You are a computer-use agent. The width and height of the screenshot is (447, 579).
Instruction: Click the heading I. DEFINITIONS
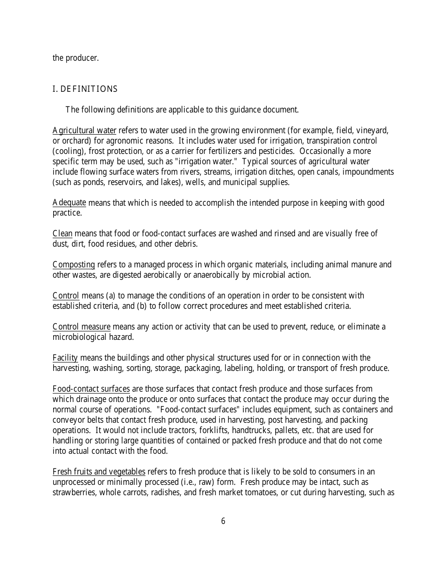pyautogui.click(x=85, y=89)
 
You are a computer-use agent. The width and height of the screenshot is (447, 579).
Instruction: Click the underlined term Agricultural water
pyautogui.click(x=84, y=130)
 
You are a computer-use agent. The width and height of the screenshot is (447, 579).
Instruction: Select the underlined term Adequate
pyautogui.click(x=69, y=203)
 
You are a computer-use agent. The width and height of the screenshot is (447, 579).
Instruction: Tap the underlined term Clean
pyautogui.click(x=63, y=233)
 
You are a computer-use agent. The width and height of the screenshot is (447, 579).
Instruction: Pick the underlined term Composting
pyautogui.click(x=74, y=265)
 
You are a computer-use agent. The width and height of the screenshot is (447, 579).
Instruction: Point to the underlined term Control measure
pyautogui.click(x=81, y=327)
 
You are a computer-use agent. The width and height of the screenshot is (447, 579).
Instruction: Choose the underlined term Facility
pyautogui.click(x=65, y=358)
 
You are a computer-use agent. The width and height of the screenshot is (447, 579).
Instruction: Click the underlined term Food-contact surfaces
pyautogui.click(x=91, y=389)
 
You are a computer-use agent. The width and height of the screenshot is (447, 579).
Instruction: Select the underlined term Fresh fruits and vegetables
pyautogui.click(x=99, y=472)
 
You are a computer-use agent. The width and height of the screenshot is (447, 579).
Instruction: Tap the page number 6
pyautogui.click(x=223, y=521)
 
